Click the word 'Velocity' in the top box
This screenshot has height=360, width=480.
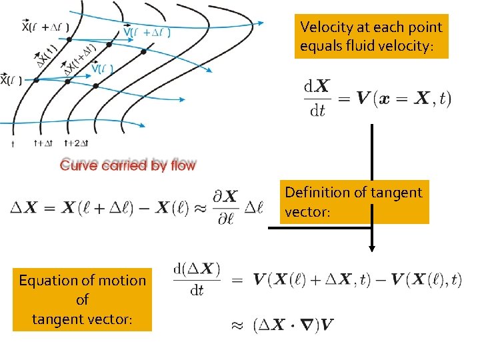click(x=324, y=27)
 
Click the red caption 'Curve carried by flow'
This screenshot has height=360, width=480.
click(x=128, y=165)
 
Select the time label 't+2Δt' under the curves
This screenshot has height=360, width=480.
click(x=76, y=143)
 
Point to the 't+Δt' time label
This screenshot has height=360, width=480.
click(x=44, y=143)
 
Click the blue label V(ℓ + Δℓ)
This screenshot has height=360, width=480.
click(x=147, y=32)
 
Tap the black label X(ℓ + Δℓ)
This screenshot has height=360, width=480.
click(x=45, y=27)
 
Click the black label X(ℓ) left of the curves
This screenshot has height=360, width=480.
click(x=11, y=80)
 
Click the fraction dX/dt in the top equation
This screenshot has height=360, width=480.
click(x=315, y=98)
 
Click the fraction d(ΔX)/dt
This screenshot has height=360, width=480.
click(x=197, y=279)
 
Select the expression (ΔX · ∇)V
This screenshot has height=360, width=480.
click(x=293, y=325)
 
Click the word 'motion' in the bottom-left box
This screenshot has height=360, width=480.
click(x=123, y=281)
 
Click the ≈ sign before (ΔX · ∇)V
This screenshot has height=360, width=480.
click(x=237, y=325)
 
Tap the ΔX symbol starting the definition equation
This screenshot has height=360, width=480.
click(x=23, y=208)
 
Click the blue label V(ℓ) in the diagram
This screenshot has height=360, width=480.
click(x=101, y=69)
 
